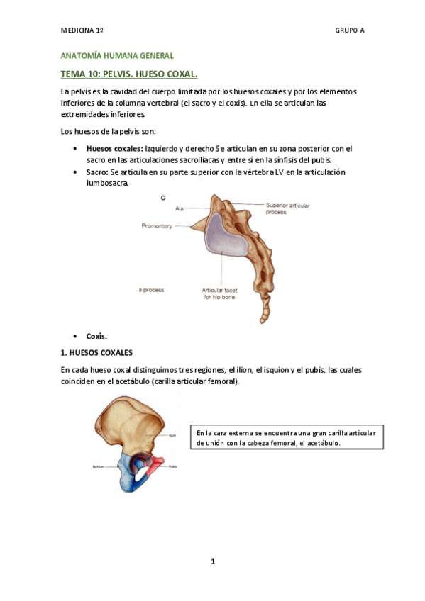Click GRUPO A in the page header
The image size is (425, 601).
(349, 30)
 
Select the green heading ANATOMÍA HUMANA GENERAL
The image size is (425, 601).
(117, 55)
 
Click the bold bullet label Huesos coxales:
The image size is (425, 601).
(114, 149)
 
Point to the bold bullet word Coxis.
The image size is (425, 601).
(96, 336)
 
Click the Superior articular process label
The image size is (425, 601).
(287, 208)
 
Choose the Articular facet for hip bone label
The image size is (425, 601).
(222, 293)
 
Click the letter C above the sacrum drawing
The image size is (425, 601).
(163, 198)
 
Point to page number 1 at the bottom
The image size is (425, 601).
(212, 562)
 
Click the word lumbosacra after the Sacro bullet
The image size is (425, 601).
(107, 184)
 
